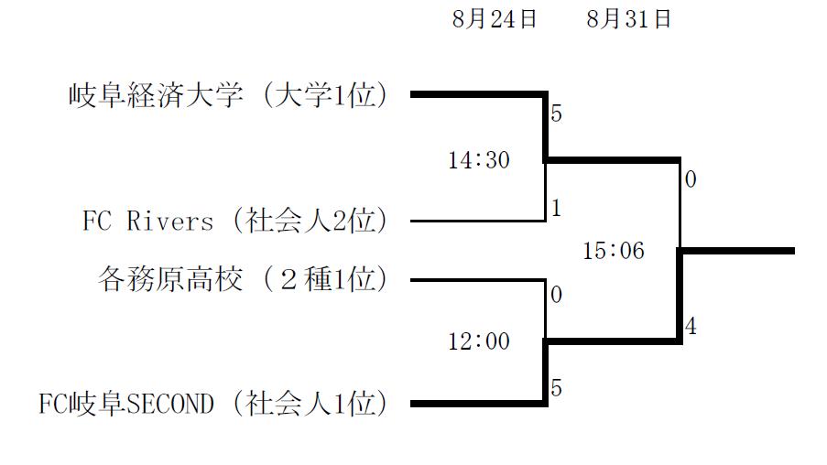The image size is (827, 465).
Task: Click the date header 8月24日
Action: [x=495, y=20]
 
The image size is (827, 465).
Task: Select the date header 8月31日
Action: [x=629, y=20]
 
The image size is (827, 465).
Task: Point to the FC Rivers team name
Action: [x=147, y=221]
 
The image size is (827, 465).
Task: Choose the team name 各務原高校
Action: [x=170, y=279]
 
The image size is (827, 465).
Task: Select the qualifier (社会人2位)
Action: [x=309, y=221]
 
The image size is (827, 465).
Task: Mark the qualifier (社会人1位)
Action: [x=309, y=404]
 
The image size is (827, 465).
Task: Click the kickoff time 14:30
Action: [x=478, y=160]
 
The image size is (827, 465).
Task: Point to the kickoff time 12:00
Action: [x=478, y=341]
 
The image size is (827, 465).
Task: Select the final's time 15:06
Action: [x=614, y=251]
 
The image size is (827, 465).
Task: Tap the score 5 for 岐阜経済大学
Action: [x=556, y=115]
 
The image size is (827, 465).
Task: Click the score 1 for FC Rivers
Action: [x=556, y=209]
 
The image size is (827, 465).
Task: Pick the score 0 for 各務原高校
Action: [x=556, y=296]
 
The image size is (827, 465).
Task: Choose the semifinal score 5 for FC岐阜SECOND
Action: [x=556, y=388]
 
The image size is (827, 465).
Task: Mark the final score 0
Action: [x=691, y=179]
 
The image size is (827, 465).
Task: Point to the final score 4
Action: [x=691, y=327]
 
